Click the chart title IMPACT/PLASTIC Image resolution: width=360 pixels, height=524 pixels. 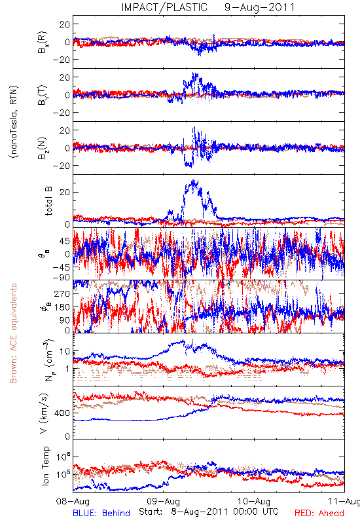coord(164,7)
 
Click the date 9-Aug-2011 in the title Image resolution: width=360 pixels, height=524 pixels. coord(259,7)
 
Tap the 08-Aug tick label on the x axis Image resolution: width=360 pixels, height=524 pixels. coord(73,501)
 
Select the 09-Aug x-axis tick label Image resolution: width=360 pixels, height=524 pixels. coord(163,501)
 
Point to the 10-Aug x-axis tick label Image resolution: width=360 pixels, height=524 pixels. coord(254,501)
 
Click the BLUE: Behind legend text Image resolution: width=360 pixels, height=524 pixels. coord(101,513)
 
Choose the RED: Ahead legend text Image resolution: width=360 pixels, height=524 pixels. coord(319,513)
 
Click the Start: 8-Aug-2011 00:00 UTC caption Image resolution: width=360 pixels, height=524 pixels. coord(208,512)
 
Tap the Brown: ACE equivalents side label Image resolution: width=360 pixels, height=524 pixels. coord(13,333)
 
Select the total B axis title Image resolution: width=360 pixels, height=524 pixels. coord(48,201)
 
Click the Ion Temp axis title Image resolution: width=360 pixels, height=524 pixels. coord(46,466)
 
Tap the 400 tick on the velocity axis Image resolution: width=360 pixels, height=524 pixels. coord(62,413)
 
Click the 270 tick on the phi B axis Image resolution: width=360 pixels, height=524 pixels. coord(62,293)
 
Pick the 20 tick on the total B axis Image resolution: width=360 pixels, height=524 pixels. coord(65,192)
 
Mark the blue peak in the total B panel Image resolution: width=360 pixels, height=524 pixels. coord(193,181)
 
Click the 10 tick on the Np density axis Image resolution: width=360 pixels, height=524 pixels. coord(65,351)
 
